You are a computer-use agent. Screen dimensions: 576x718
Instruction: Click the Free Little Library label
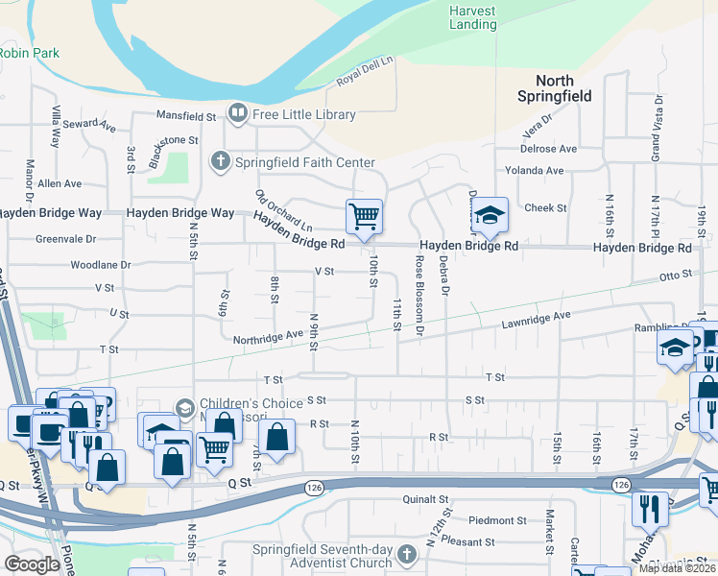point(303,114)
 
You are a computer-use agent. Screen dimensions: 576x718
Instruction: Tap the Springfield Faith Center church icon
point(221,161)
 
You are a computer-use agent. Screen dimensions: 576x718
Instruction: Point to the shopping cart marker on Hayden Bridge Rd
point(364,216)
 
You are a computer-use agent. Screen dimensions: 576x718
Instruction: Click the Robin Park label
point(29,53)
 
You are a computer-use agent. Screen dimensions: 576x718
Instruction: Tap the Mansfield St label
point(187,116)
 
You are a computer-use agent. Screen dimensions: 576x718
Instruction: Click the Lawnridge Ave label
point(536,318)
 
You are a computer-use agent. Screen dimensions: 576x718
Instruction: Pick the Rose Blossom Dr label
point(419,297)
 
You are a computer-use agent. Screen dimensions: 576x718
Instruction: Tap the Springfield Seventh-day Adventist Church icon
point(407,554)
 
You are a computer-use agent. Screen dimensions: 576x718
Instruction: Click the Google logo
point(33,564)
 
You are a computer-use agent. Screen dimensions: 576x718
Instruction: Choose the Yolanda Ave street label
point(541,170)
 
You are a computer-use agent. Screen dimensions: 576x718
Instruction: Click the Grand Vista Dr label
point(658,119)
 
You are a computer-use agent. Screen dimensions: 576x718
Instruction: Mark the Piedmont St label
point(497,520)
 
